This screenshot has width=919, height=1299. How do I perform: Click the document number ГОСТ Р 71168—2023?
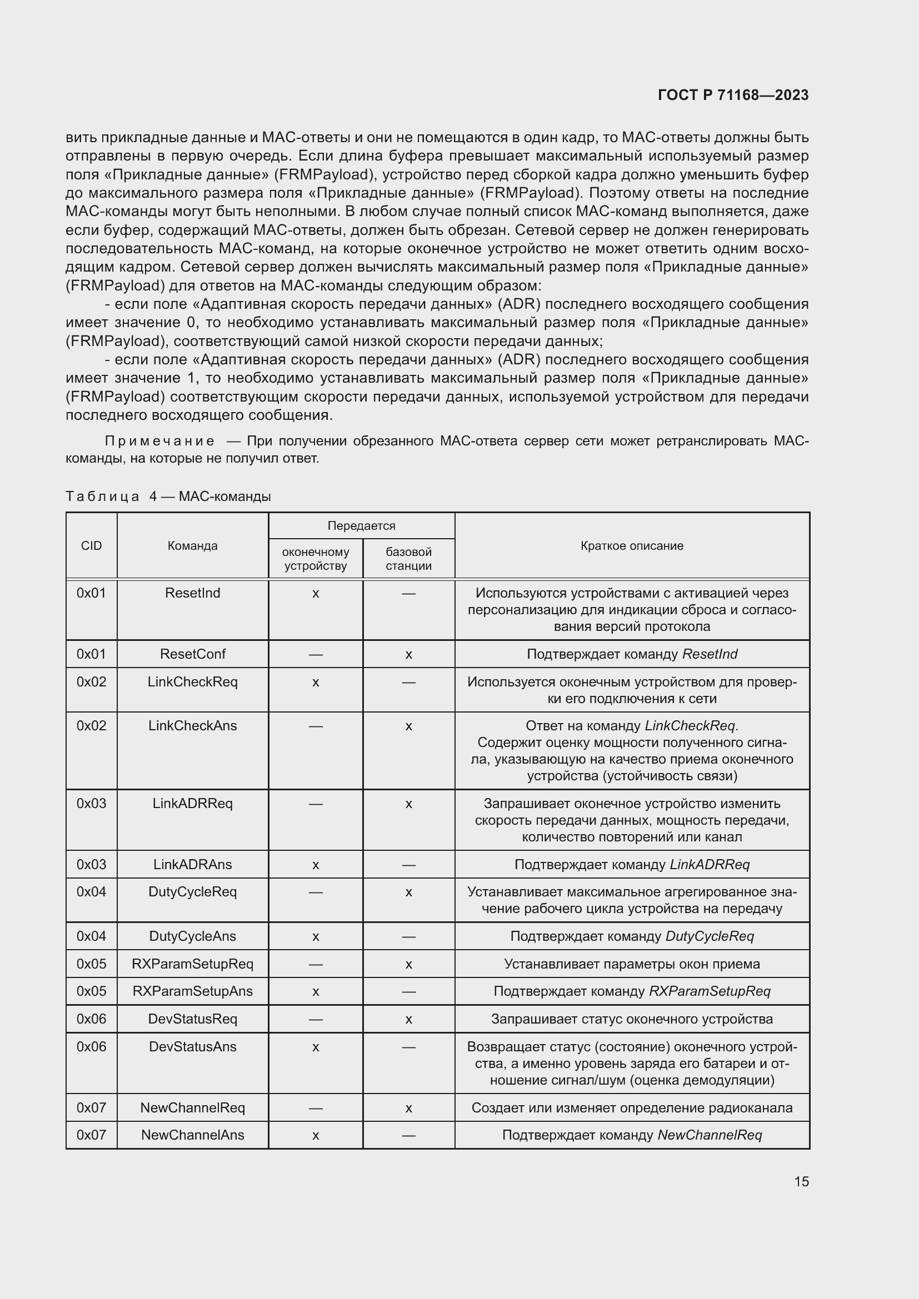pos(733,95)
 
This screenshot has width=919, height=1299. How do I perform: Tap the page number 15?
pos(801,1181)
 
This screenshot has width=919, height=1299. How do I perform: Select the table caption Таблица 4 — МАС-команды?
pos(168,496)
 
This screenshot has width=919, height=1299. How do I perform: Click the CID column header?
pos(91,545)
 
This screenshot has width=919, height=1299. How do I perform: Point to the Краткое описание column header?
pos(632,545)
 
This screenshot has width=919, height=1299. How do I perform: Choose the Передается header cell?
pos(361,525)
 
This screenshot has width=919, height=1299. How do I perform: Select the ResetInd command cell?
pos(192,593)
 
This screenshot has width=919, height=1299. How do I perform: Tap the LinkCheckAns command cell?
pos(192,725)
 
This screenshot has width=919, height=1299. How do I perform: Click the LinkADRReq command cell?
pos(192,804)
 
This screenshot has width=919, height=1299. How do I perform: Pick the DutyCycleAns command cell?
pos(192,936)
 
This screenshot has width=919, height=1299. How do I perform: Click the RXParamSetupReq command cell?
pos(192,964)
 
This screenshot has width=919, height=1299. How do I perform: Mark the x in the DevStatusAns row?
pos(316,1047)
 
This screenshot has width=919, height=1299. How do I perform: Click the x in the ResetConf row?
pos(408,655)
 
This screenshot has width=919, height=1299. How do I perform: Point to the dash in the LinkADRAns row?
pos(408,865)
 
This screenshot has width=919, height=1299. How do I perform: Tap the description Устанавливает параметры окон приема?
pos(632,964)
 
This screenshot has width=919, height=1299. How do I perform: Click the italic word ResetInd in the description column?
pos(710,654)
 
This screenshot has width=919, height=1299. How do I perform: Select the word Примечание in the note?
pos(159,441)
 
